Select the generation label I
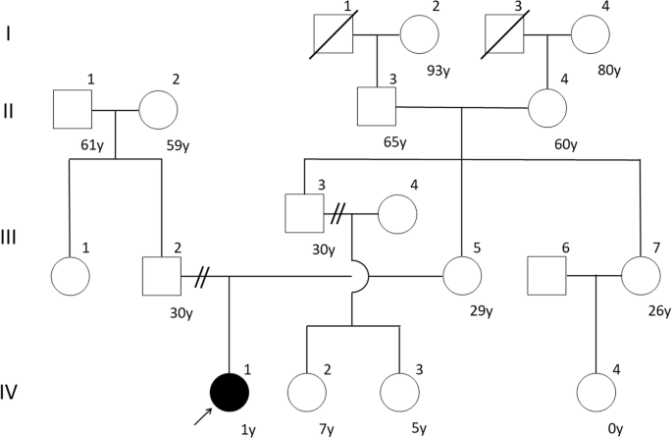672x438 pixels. [x=10, y=35]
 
